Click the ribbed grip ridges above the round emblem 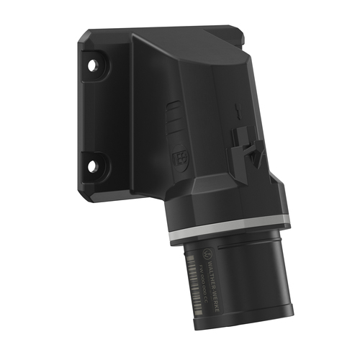(173, 120)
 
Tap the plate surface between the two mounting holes (94, 115)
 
